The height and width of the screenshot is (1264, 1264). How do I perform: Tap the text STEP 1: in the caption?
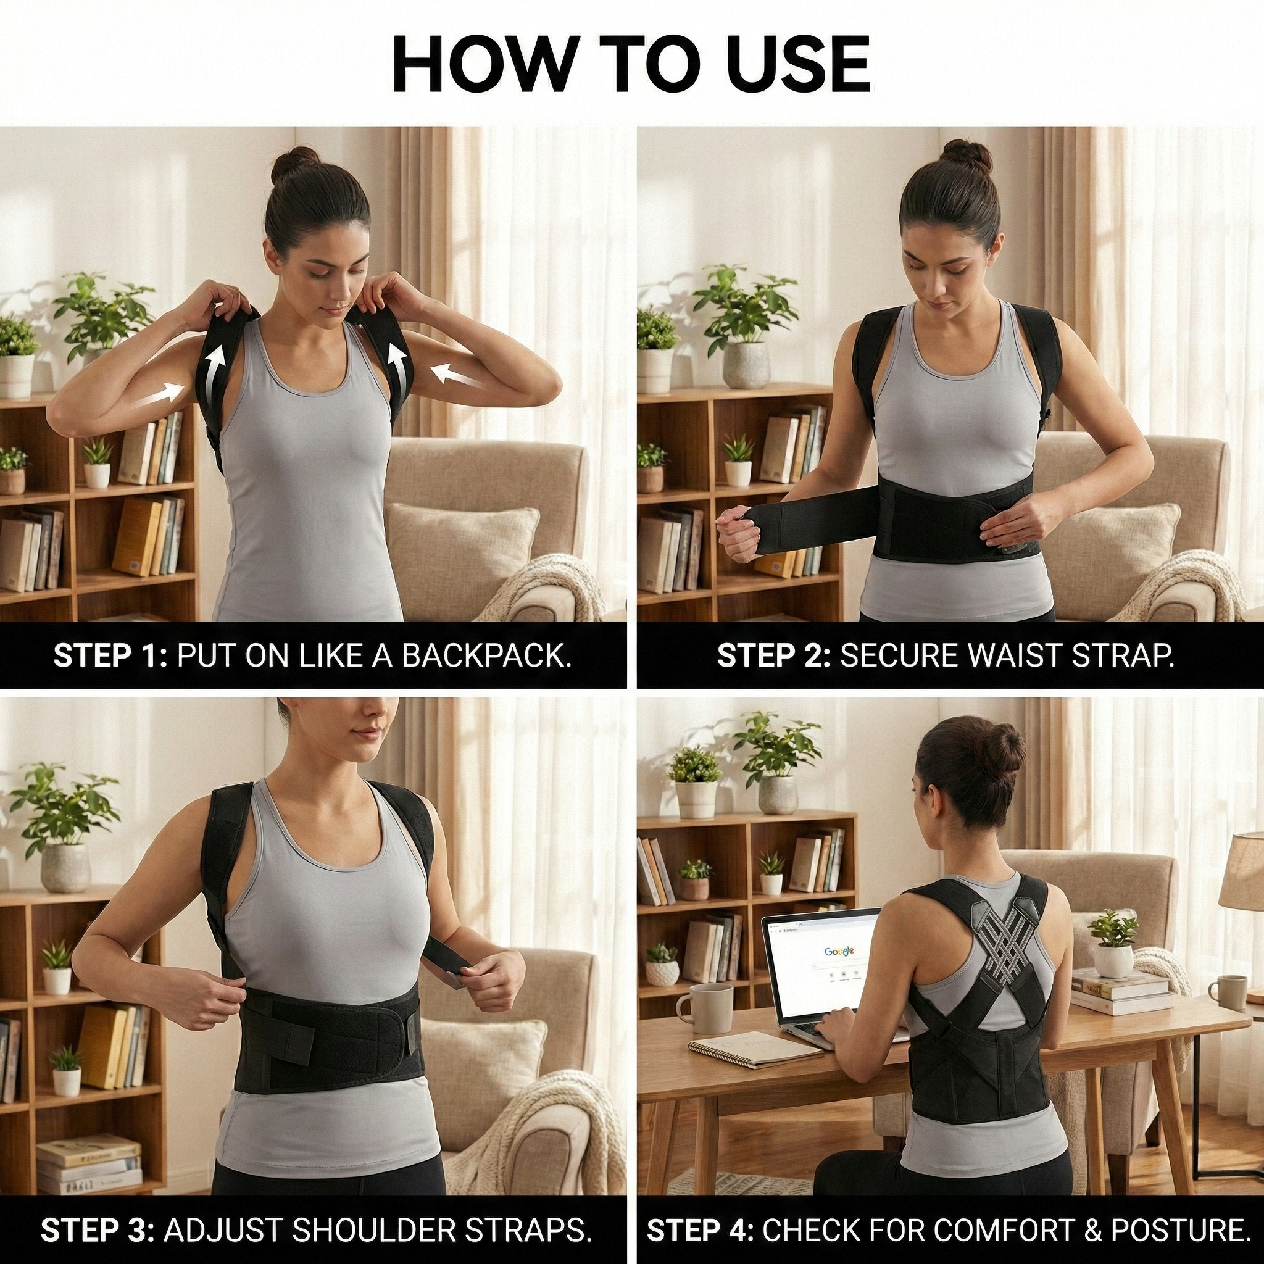pos(110,656)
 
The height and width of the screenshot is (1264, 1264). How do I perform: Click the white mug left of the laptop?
pos(694,1008)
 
